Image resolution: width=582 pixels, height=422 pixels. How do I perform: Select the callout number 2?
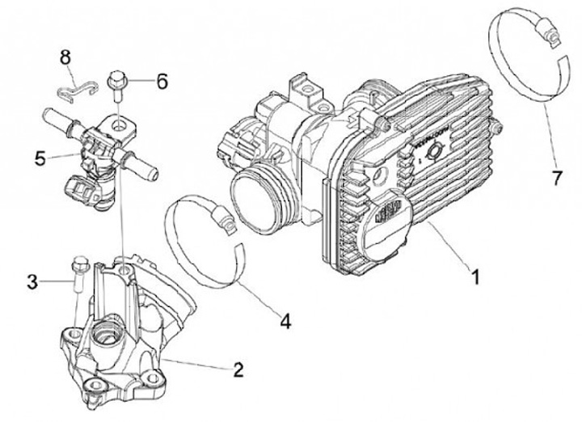tap(238, 370)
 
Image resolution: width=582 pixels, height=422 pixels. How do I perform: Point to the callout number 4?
tap(285, 321)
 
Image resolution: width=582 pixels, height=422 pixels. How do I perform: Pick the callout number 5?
tap(40, 158)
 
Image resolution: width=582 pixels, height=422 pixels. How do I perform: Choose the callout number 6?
tap(162, 81)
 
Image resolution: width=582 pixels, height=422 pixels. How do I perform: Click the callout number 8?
tap(65, 57)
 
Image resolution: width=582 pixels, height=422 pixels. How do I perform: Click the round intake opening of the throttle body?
tap(258, 202)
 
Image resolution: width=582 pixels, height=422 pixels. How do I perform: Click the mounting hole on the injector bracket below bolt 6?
tap(120, 125)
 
